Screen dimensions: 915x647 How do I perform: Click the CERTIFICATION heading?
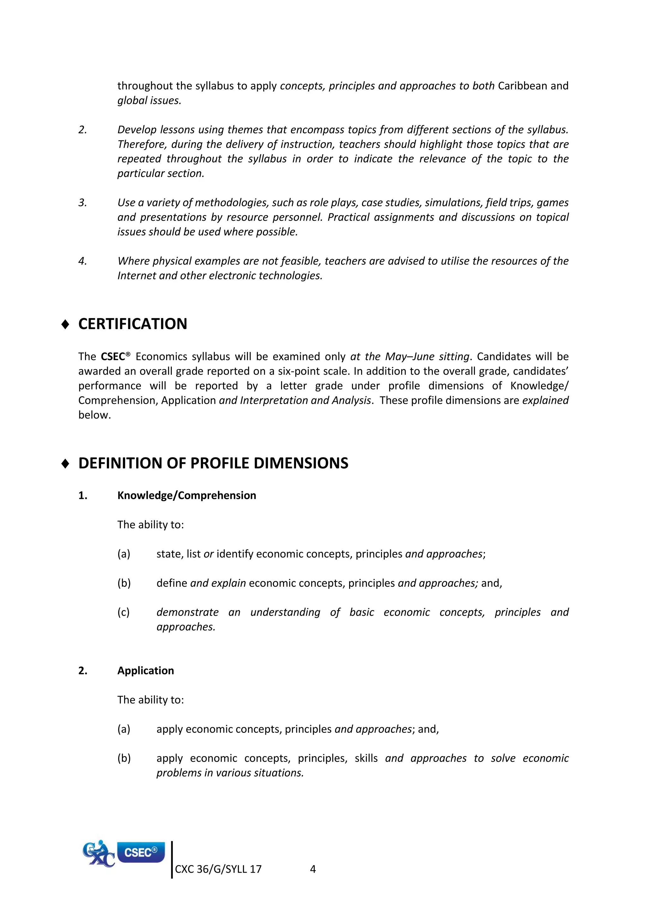tap(132, 324)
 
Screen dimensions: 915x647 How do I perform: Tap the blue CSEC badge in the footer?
tap(141, 852)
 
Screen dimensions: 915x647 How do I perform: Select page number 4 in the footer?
tap(313, 869)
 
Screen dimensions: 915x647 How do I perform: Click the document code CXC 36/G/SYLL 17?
tap(218, 869)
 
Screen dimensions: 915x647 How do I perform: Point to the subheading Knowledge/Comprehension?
tap(186, 495)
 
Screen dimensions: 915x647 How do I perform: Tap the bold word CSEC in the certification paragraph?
tap(113, 357)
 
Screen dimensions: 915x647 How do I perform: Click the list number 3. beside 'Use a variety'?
tap(82, 203)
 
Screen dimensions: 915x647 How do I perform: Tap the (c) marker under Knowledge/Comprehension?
tap(124, 612)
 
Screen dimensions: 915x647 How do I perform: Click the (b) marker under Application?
tap(124, 758)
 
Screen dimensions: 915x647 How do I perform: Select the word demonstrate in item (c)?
tap(187, 612)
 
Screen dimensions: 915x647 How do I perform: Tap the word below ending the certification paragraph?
tap(94, 415)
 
